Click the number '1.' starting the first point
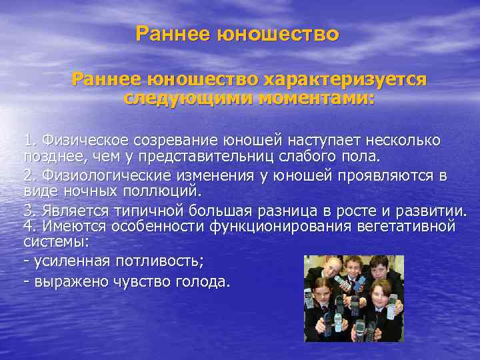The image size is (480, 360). click(30, 141)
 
